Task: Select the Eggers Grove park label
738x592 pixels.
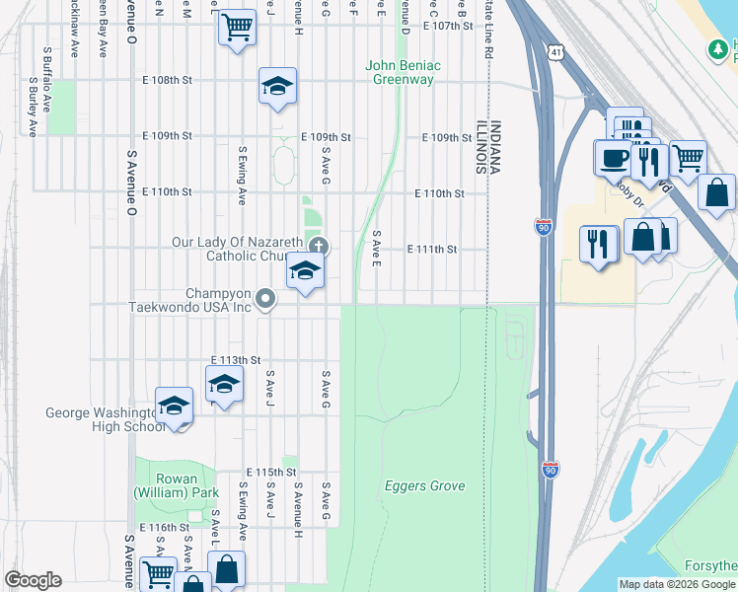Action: pos(424,486)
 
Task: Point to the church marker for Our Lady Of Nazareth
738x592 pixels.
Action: pos(318,246)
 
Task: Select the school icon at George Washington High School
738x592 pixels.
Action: pos(175,407)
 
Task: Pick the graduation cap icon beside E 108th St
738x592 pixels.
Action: pos(278,87)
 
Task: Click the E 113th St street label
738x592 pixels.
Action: pos(236,360)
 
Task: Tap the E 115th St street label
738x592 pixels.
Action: pos(271,473)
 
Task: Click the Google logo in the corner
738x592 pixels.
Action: pos(33,580)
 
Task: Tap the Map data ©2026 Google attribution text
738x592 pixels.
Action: pos(676,584)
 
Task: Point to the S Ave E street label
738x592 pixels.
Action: pos(376,252)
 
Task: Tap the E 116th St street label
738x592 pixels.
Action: pos(164,529)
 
